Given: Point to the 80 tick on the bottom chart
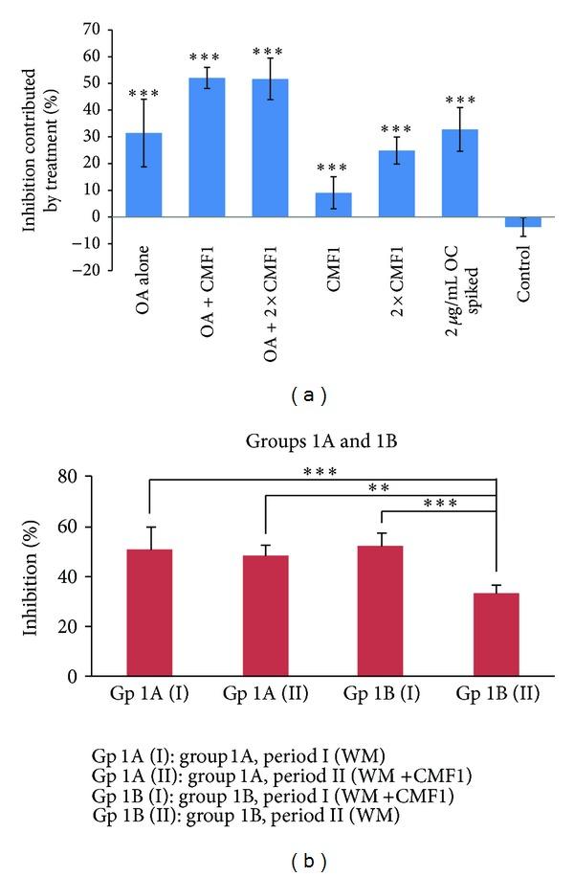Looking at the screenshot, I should point(94,477).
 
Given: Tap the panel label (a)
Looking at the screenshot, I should point(290,394).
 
